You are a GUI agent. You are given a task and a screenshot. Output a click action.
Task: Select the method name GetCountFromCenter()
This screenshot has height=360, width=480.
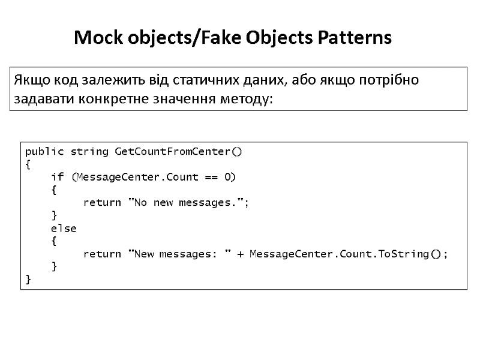(x=178, y=151)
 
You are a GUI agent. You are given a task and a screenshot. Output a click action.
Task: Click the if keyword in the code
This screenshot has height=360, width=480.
(x=57, y=176)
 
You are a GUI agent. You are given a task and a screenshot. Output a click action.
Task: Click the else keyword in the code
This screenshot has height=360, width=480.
(x=63, y=228)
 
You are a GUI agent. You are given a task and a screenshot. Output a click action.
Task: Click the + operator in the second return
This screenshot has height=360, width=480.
(x=240, y=254)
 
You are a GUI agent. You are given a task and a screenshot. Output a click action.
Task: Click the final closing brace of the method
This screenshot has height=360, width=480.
(x=28, y=280)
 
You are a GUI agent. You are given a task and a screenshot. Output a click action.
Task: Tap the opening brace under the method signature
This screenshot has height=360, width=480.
(x=28, y=164)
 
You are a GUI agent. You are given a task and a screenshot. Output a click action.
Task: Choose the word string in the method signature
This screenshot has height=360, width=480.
(x=89, y=151)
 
